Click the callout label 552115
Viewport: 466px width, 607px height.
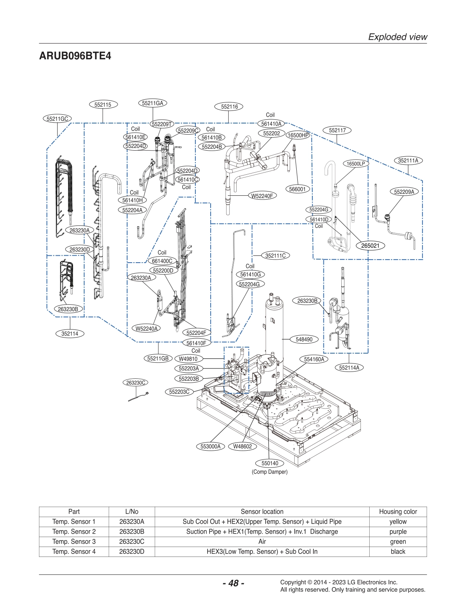[103, 104]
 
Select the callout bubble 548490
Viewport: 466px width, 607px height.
[304, 339]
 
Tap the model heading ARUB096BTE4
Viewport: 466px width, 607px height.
[75, 56]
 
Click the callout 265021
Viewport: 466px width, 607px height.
[370, 245]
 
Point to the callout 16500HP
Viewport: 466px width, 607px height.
[298, 135]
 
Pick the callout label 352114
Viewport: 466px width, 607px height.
[70, 333]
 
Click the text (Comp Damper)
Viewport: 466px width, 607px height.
[270, 472]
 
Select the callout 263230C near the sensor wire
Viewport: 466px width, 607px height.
[136, 382]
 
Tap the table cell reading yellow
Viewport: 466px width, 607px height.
[398, 521]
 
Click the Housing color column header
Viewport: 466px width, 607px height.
[398, 511]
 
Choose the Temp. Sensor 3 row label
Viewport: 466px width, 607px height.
[74, 541]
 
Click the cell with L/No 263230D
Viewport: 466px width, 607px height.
[132, 551]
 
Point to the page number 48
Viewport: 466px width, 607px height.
[233, 583]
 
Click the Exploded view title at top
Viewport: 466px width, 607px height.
[397, 37]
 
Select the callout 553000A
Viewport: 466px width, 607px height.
[211, 446]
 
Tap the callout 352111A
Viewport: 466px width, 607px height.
[408, 161]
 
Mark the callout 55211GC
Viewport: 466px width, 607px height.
[57, 118]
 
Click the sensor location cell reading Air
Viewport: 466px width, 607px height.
[262, 541]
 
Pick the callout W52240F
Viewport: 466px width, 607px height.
[262, 196]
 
